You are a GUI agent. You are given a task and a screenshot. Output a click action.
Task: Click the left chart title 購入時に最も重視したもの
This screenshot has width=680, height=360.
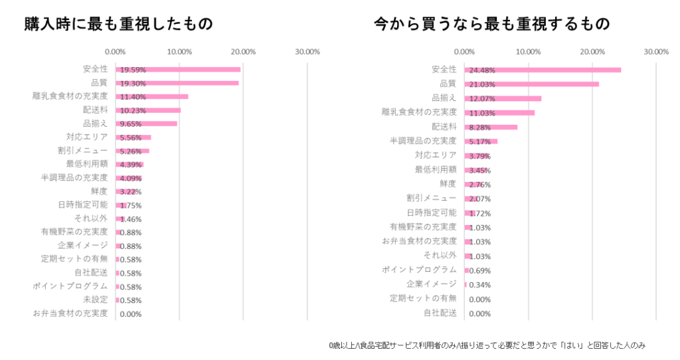(x=119, y=24)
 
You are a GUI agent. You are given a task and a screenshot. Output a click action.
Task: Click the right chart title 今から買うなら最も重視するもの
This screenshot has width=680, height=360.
(x=491, y=24)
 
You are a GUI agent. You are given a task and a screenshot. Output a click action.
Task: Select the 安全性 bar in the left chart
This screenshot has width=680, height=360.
(x=177, y=69)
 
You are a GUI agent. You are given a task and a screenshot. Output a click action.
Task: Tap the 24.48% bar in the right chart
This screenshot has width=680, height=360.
(x=542, y=70)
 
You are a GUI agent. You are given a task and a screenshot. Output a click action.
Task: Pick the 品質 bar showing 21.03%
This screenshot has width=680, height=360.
(x=531, y=84)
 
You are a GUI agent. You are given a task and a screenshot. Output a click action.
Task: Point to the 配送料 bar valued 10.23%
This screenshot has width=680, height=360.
(x=147, y=110)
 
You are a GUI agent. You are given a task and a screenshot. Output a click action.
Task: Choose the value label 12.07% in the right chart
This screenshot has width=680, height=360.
(x=482, y=98)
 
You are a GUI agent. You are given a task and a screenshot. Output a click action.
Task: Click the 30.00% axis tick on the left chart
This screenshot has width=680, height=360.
(x=307, y=51)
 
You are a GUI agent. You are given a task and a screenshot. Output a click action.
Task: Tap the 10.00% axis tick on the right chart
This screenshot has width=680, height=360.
(x=528, y=51)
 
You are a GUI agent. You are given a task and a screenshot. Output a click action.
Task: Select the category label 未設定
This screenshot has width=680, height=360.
(x=96, y=300)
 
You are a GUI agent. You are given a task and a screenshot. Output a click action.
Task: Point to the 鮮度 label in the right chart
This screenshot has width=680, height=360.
(x=448, y=183)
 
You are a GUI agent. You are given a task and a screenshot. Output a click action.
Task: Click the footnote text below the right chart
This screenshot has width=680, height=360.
(x=487, y=345)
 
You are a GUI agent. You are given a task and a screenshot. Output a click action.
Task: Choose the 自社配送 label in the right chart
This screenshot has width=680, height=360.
(x=440, y=313)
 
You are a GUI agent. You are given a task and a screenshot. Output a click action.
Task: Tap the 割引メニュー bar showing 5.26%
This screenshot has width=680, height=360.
(x=132, y=151)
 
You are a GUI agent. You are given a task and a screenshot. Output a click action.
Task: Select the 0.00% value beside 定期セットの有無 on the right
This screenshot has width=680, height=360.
(x=479, y=300)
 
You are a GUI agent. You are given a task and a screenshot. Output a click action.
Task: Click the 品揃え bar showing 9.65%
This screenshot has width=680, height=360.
(x=146, y=124)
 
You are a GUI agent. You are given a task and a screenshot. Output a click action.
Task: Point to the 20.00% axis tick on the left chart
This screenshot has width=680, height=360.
(x=244, y=51)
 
